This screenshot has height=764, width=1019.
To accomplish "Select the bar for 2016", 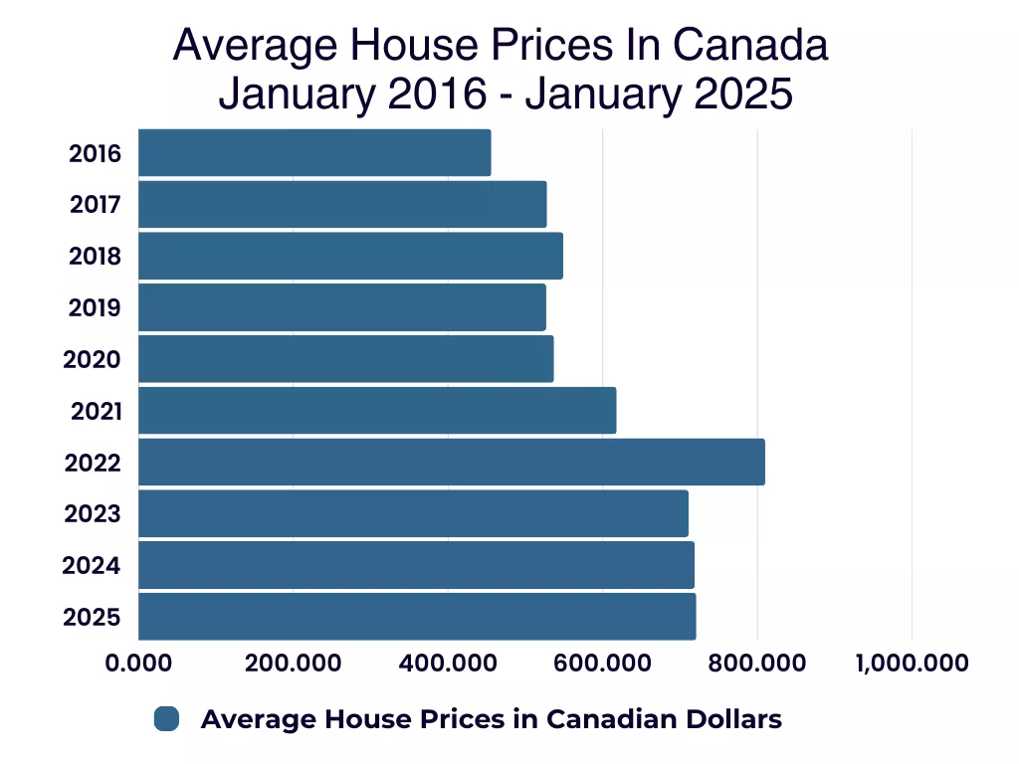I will click(x=314, y=153).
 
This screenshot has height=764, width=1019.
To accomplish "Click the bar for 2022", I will click(x=451, y=463).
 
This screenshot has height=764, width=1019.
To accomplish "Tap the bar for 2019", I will click(x=341, y=307).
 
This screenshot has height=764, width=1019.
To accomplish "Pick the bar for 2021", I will click(x=377, y=411).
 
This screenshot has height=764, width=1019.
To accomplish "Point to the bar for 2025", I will click(x=417, y=617).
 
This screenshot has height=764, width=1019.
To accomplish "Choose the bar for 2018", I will click(x=350, y=256).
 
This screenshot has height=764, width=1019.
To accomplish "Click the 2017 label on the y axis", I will click(x=96, y=205).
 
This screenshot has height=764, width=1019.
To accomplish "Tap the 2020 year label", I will click(x=93, y=359).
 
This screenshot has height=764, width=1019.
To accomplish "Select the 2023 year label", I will click(x=93, y=514).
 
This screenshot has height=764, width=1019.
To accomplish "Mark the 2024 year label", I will click(x=92, y=566).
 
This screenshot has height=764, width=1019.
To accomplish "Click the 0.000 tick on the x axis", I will click(x=138, y=663).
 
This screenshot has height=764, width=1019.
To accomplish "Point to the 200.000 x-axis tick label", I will click(x=293, y=663).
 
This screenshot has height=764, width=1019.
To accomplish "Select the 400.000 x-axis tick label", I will click(x=448, y=663).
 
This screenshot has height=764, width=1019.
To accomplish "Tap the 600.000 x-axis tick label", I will click(x=602, y=663).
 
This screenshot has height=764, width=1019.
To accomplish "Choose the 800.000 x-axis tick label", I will click(x=757, y=663).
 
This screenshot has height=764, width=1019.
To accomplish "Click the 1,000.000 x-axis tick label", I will click(x=912, y=663).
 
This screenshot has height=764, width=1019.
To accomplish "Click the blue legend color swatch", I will click(x=166, y=719).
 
